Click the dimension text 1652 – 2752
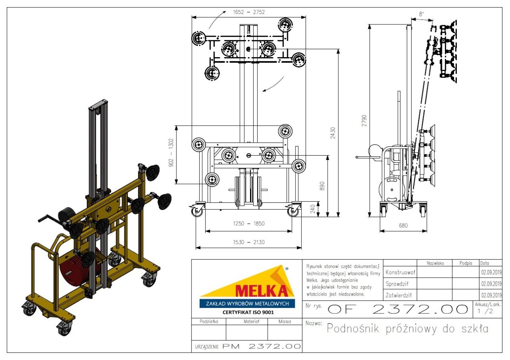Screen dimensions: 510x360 tap(249, 12)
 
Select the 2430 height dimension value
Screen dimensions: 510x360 tap(333, 133)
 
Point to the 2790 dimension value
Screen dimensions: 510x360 tap(364, 121)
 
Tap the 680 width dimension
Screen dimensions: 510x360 tap(403, 226)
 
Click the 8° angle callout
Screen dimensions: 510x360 tap(422, 14)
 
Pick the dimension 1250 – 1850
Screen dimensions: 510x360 tap(249, 223)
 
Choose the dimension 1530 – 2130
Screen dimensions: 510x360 tap(249, 242)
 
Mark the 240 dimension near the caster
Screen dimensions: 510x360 tap(313, 209)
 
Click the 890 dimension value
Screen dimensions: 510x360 tap(322, 186)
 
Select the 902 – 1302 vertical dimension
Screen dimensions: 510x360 tap(171, 152)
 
